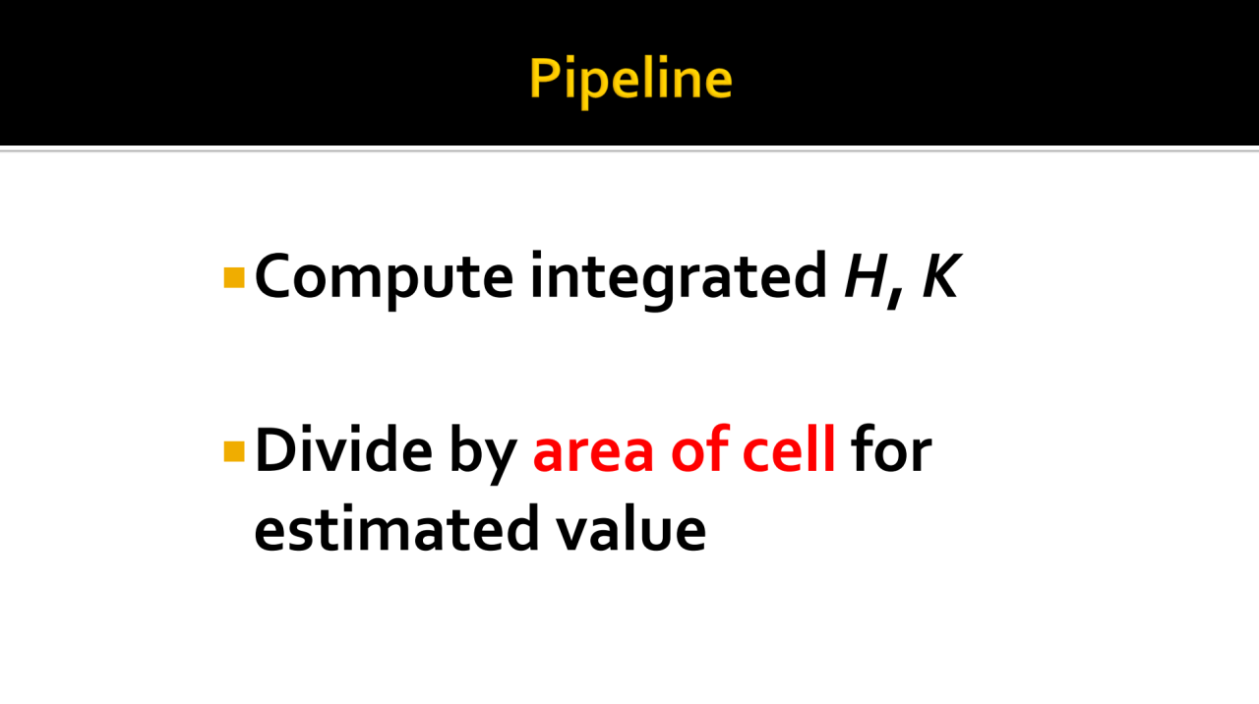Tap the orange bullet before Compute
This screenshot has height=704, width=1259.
pos(234,277)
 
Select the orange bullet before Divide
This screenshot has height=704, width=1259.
pos(234,451)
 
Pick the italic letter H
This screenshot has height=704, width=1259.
pos(867,275)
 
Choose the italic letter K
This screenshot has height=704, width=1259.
pos(941,275)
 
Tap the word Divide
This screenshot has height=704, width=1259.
pos(343,449)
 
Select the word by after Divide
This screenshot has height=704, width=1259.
pos(483,453)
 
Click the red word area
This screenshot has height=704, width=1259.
pos(593,454)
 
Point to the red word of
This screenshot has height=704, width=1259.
pos(699,449)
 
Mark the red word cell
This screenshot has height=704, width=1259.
pos(789,449)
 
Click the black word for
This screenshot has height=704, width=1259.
pos(891,449)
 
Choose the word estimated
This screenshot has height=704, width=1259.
pos(396,528)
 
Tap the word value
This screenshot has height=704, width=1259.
pos(631,528)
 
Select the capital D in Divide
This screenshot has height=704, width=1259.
pos(276,449)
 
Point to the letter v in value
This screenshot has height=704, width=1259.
pos(573,534)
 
